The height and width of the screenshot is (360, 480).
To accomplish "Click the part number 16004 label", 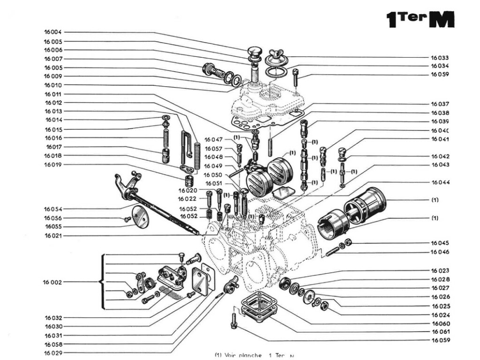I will click(x=52, y=32).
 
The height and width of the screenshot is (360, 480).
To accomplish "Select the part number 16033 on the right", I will click(x=440, y=58).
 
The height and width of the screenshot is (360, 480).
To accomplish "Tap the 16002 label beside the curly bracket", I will click(x=52, y=282).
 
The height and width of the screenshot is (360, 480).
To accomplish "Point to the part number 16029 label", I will click(x=53, y=353).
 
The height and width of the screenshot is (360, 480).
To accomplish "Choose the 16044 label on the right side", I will click(x=440, y=182).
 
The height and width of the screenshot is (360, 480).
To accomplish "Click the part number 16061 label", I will click(x=440, y=332).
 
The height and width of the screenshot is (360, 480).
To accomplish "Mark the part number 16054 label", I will click(x=53, y=209).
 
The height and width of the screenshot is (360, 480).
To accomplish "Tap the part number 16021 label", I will click(x=53, y=235).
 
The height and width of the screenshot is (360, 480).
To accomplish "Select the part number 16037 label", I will click(x=440, y=104).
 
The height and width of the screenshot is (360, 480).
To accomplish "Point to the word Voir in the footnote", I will click(x=233, y=355).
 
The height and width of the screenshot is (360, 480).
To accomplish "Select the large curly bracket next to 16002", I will click(x=102, y=282).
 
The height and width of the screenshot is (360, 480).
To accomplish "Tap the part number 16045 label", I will click(x=440, y=243).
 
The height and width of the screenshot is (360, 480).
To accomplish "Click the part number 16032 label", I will click(x=53, y=317).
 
